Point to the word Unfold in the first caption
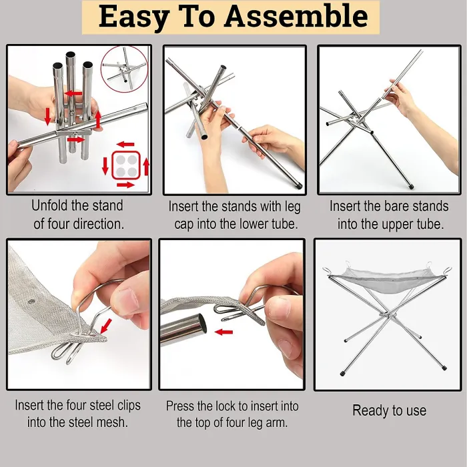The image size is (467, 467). (55, 205)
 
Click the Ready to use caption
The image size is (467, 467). (389, 410)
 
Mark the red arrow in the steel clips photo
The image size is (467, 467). (105, 325)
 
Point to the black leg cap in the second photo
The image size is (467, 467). (300, 182)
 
